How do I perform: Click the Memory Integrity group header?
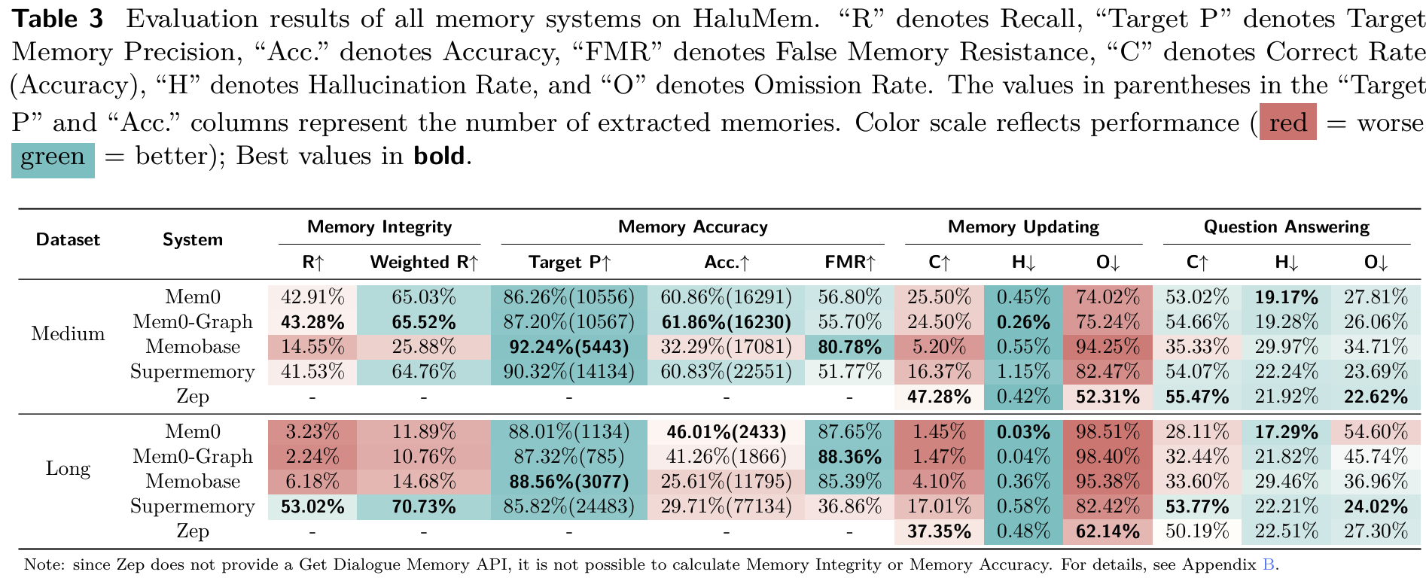click(379, 227)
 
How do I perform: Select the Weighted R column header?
click(424, 263)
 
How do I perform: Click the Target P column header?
click(569, 263)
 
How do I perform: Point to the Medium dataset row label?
click(68, 334)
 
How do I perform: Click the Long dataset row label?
click(68, 469)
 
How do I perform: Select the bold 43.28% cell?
click(312, 322)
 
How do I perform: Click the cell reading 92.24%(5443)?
click(569, 347)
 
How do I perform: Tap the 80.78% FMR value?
click(849, 347)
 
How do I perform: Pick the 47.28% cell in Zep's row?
click(939, 397)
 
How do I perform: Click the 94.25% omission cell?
click(1108, 347)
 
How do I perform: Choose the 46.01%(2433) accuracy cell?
click(726, 432)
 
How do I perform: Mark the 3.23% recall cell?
click(312, 432)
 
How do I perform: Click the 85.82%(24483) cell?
click(569, 506)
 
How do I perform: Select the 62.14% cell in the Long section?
click(1108, 531)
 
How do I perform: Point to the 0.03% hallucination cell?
click(1023, 432)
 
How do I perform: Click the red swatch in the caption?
click(1288, 122)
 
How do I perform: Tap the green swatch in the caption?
click(53, 157)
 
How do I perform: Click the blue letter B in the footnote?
click(1268, 564)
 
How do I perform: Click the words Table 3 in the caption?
click(57, 19)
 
